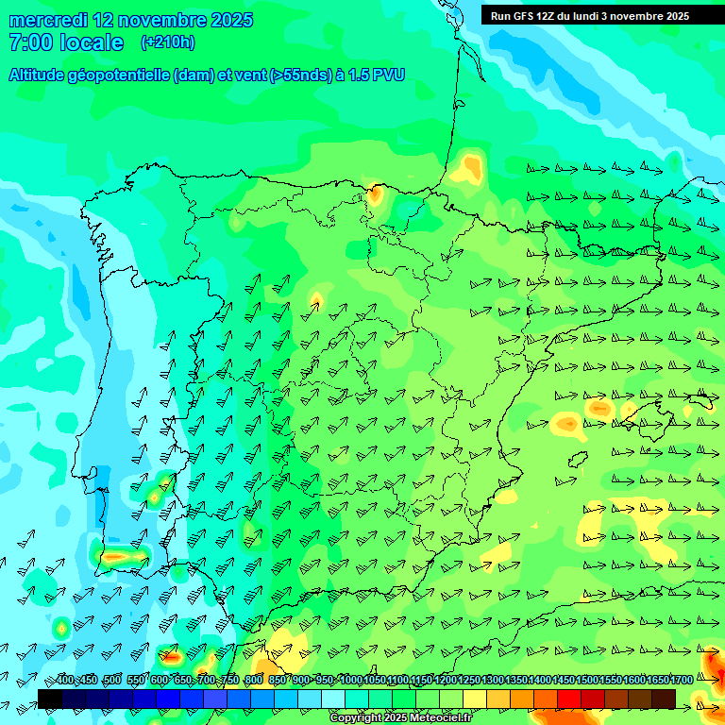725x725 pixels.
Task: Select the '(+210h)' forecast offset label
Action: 167,42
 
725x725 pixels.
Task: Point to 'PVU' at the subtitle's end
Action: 387,75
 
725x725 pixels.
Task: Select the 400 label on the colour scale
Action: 64,681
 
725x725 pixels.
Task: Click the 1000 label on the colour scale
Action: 351,681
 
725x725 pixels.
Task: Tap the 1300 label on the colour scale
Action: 493,681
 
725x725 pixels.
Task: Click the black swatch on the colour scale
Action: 50,699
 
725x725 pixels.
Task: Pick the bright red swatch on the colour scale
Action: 569,699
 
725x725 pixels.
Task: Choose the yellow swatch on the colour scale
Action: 475,699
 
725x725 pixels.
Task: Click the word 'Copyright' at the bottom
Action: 354,718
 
